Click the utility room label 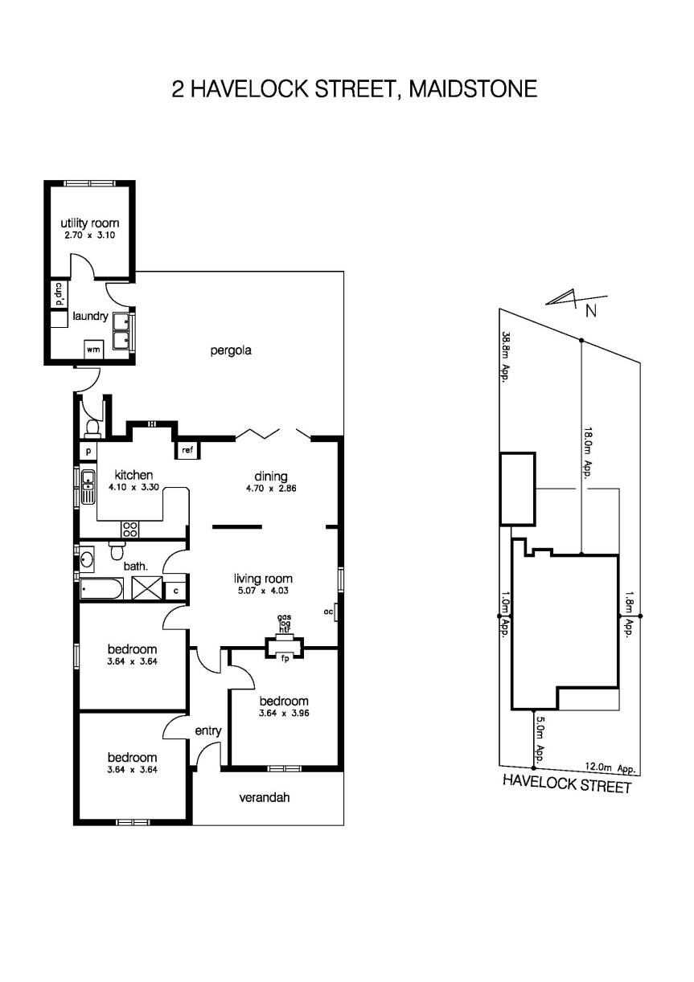pos(90,223)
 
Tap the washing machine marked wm pos(93,350)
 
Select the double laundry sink pos(123,332)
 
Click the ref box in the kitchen pos(187,450)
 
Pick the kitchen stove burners pos(129,529)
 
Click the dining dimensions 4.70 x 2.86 pos(271,488)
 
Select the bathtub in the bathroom pos(101,589)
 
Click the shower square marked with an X pos(147,588)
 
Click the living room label pos(263,579)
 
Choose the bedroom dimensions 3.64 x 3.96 pos(284,712)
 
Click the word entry pos(208,730)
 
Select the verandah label pos(264,798)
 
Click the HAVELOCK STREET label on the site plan pos(567,784)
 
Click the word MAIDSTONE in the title pos(473,88)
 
